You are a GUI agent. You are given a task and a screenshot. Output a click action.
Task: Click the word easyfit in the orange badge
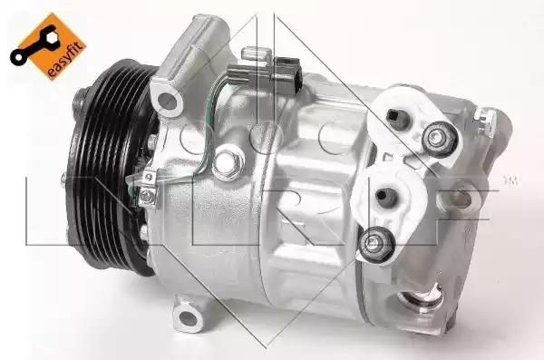pos(66,60)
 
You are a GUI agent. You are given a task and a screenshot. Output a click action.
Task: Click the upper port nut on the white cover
pos(440,140)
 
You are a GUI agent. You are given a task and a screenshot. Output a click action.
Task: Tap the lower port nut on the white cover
pos(376,245)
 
